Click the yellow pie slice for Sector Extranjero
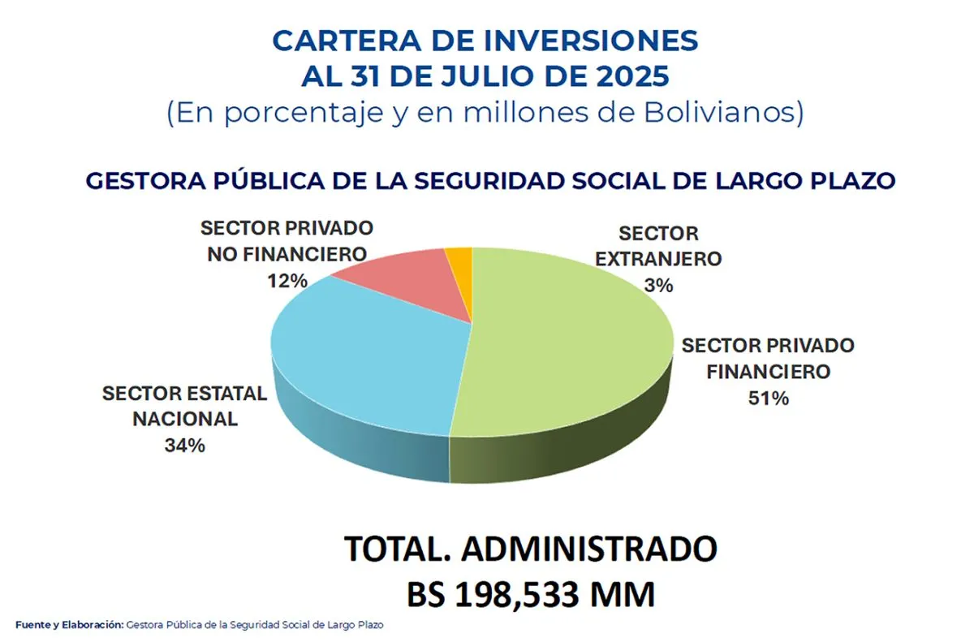click(x=460, y=262)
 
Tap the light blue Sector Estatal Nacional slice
click(x=357, y=357)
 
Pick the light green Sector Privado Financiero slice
click(x=568, y=349)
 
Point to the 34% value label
click(x=185, y=446)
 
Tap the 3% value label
click(x=658, y=285)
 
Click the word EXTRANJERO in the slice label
click(x=658, y=259)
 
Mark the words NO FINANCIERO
click(x=286, y=254)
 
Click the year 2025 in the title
click(x=627, y=76)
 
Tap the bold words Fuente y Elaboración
click(x=69, y=625)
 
